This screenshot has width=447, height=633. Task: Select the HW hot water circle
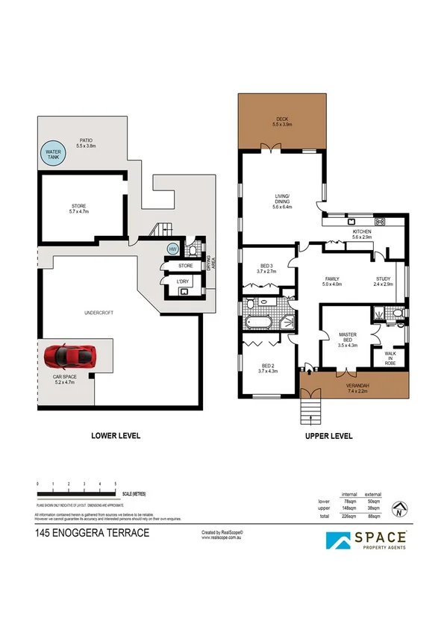[x=172, y=249]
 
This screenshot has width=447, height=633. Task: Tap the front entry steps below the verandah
[x=306, y=409]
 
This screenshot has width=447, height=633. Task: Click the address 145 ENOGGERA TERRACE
[x=93, y=532]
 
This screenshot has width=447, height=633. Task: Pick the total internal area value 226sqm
[x=348, y=516]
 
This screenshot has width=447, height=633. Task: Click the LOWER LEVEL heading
[x=115, y=436]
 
